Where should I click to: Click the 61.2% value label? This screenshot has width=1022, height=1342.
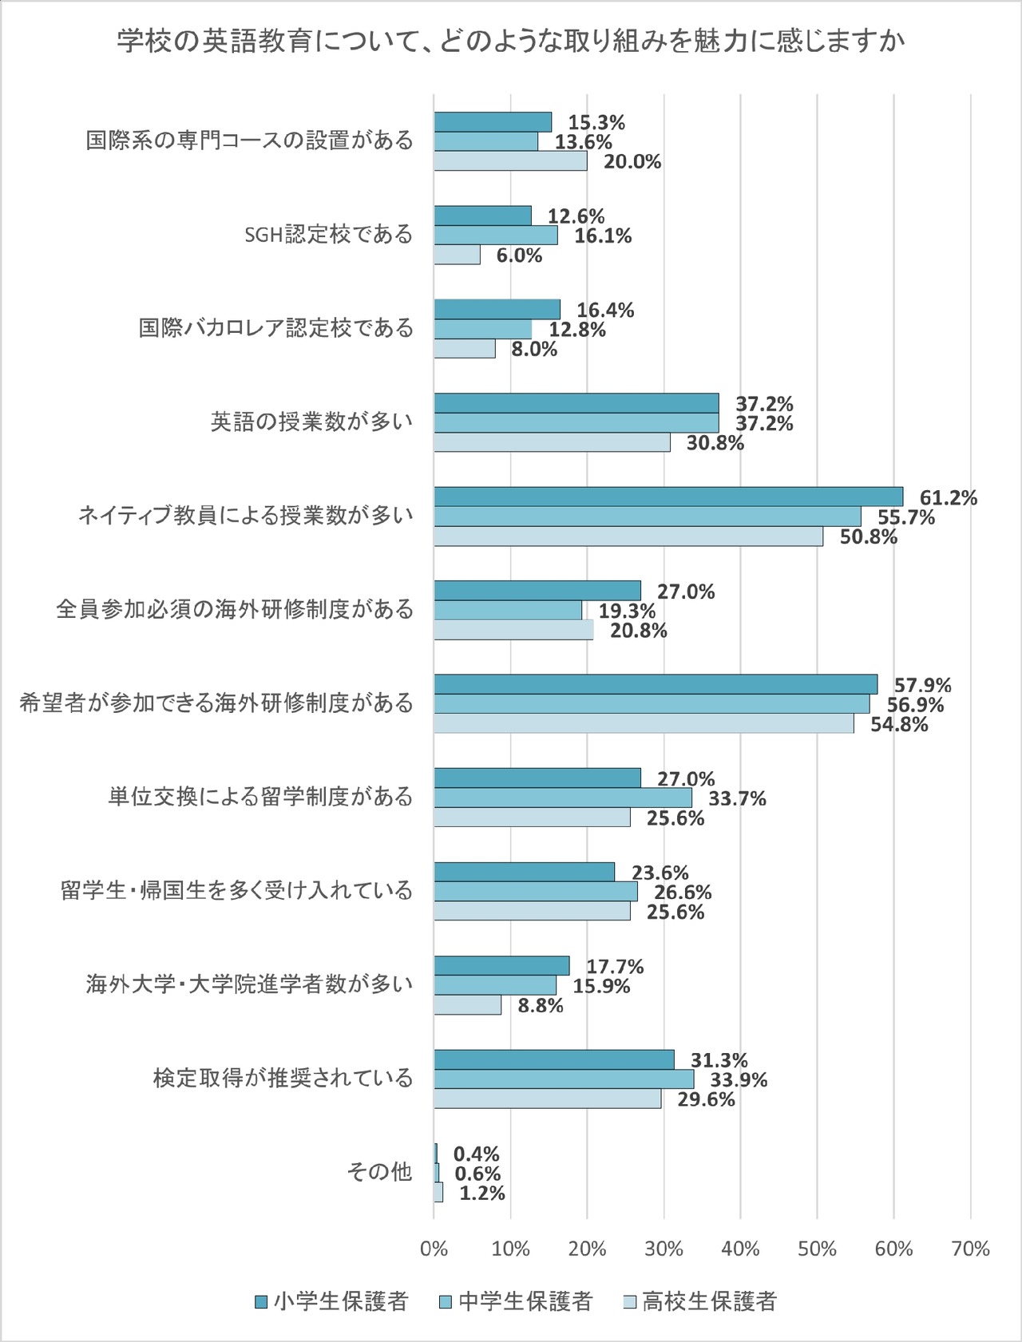tap(948, 498)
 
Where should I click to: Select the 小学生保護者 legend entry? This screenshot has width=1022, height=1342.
tap(331, 1301)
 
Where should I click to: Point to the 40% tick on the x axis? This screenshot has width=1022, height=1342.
tap(740, 1249)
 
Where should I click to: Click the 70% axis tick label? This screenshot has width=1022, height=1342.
tap(970, 1249)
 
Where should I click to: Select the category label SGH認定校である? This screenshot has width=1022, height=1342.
tap(328, 235)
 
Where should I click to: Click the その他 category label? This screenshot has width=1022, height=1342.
tap(379, 1172)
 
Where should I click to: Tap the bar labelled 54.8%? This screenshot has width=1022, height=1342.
tap(644, 724)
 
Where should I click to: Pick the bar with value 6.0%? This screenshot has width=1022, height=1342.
tap(458, 255)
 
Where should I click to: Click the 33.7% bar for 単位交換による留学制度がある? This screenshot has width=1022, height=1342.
tap(563, 798)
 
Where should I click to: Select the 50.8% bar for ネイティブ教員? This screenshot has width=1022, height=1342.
tap(628, 536)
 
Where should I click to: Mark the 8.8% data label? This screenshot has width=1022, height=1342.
tap(541, 1006)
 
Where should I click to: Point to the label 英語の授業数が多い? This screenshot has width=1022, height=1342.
tap(311, 422)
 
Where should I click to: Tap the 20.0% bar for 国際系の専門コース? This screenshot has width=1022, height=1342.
tap(511, 161)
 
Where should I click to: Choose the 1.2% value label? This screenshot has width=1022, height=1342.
tap(482, 1194)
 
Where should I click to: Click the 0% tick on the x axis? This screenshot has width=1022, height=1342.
tap(434, 1249)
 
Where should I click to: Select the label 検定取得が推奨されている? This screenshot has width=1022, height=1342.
tap(283, 1079)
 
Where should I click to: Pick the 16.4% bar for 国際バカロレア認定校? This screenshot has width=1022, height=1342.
tap(497, 310)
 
